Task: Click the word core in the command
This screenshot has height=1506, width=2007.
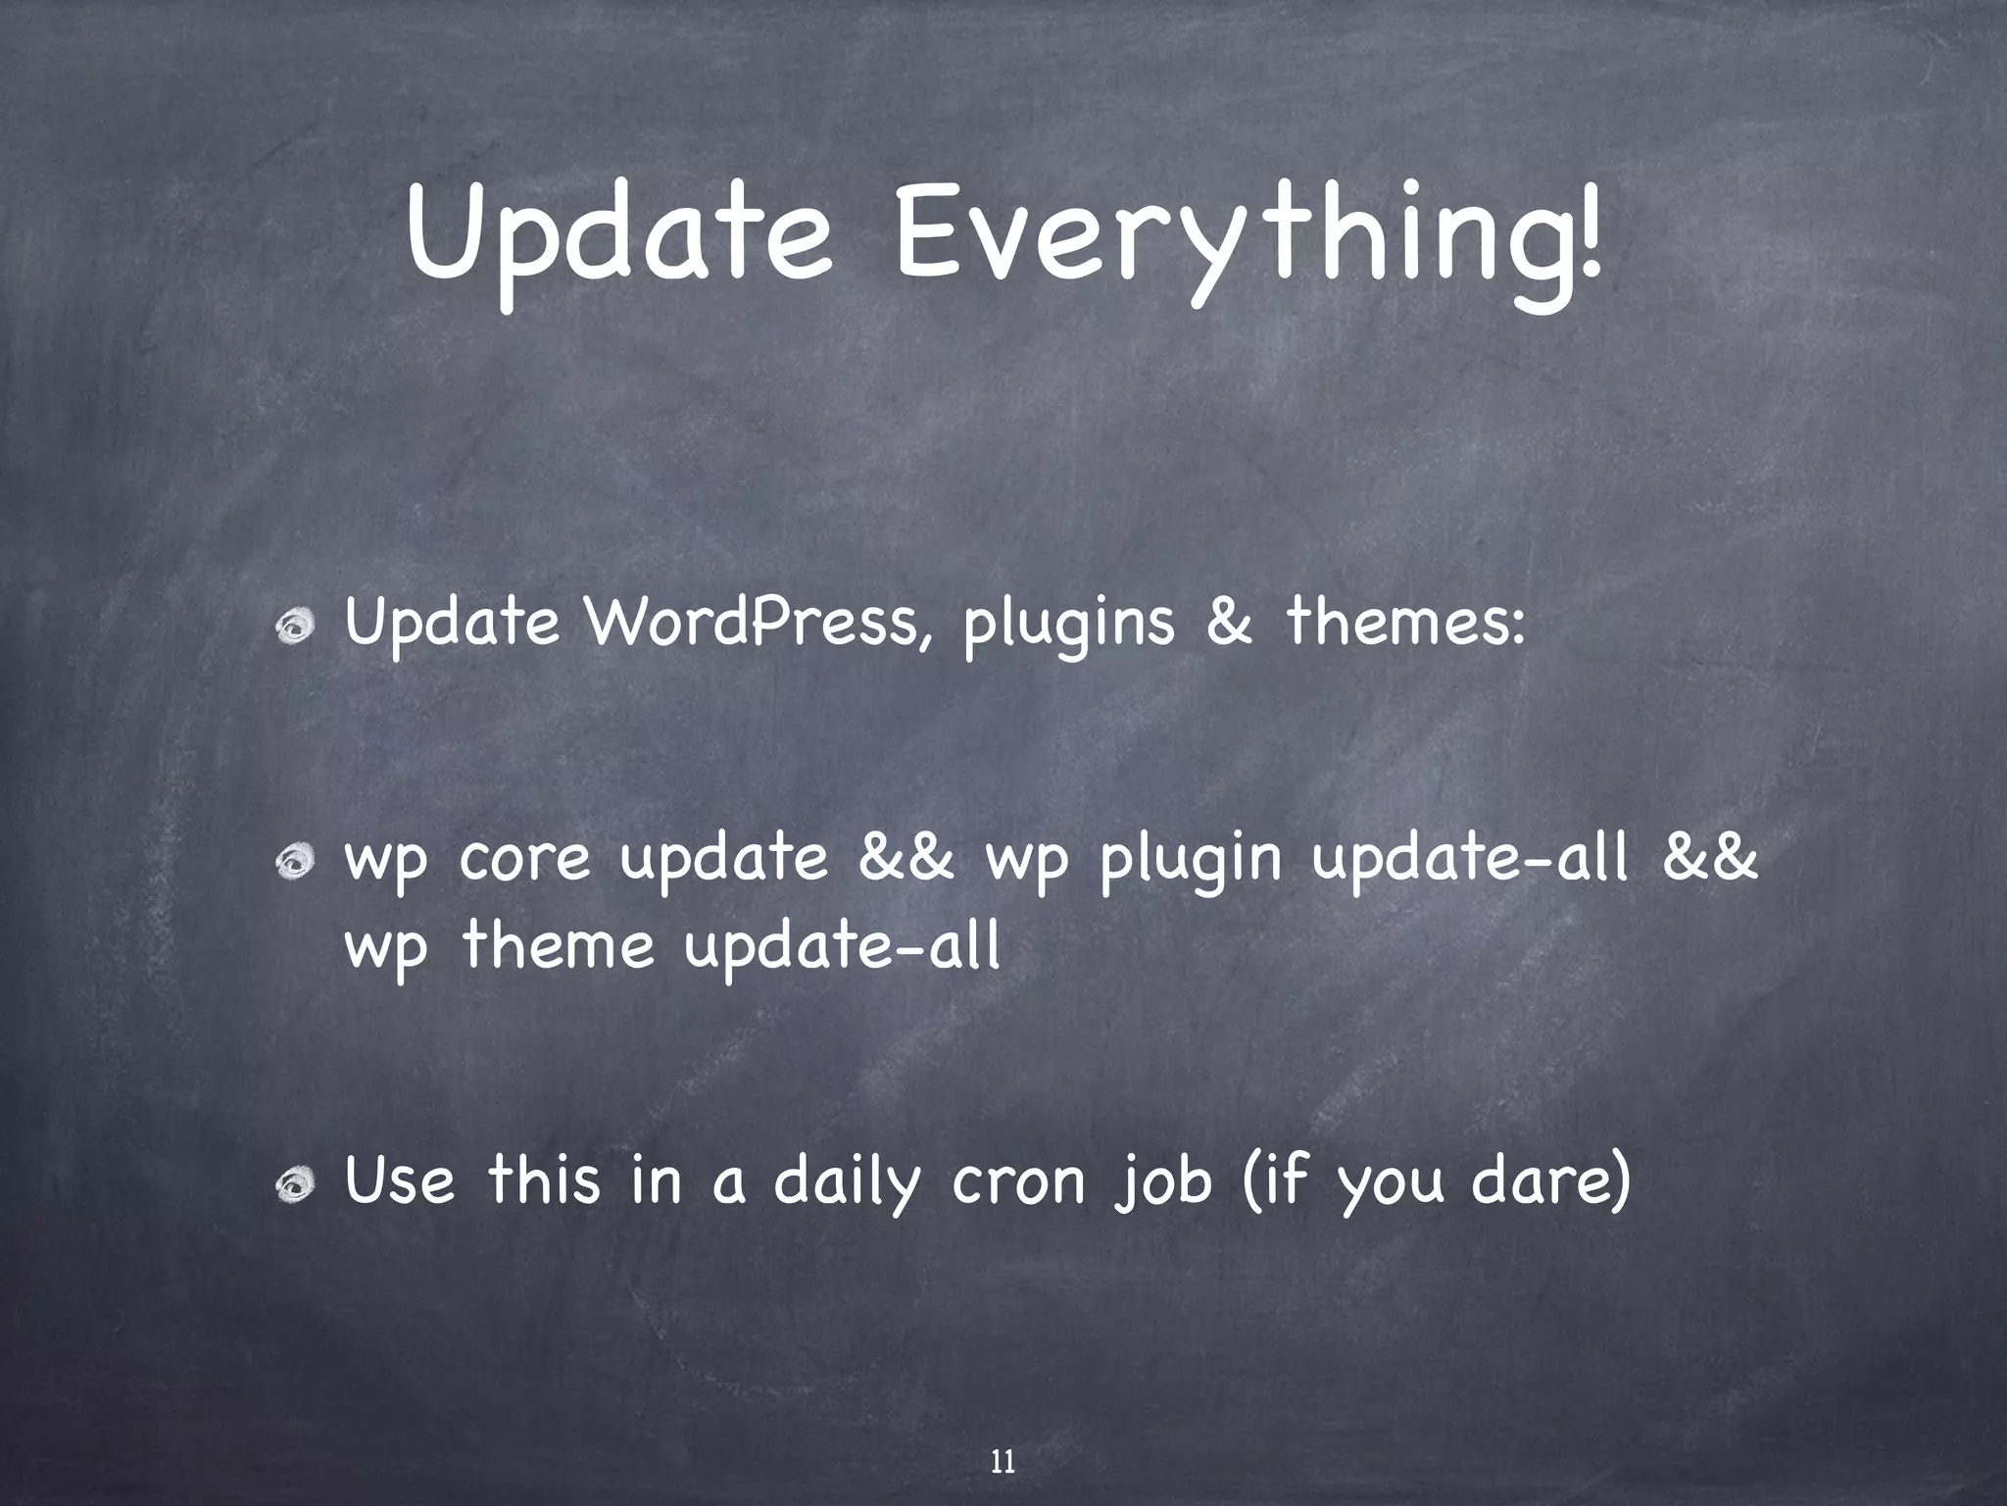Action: pyautogui.click(x=524, y=859)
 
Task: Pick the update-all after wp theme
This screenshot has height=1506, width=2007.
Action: pyautogui.click(x=842, y=947)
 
